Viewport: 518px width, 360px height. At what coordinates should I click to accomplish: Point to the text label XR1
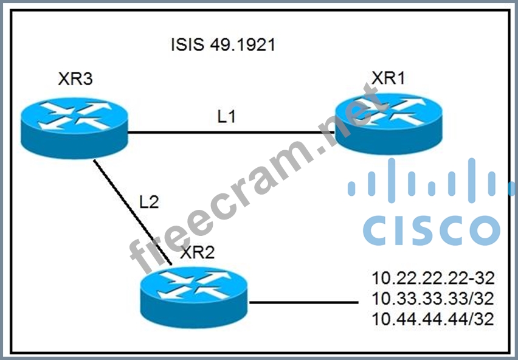[390, 78]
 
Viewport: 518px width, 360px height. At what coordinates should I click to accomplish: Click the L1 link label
[226, 116]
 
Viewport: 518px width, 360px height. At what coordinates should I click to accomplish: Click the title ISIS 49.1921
[223, 45]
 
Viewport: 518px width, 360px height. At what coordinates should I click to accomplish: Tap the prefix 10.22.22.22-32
[432, 279]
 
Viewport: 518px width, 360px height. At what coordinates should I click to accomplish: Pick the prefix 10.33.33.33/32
[432, 299]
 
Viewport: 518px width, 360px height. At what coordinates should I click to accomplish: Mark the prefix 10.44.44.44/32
[432, 318]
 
